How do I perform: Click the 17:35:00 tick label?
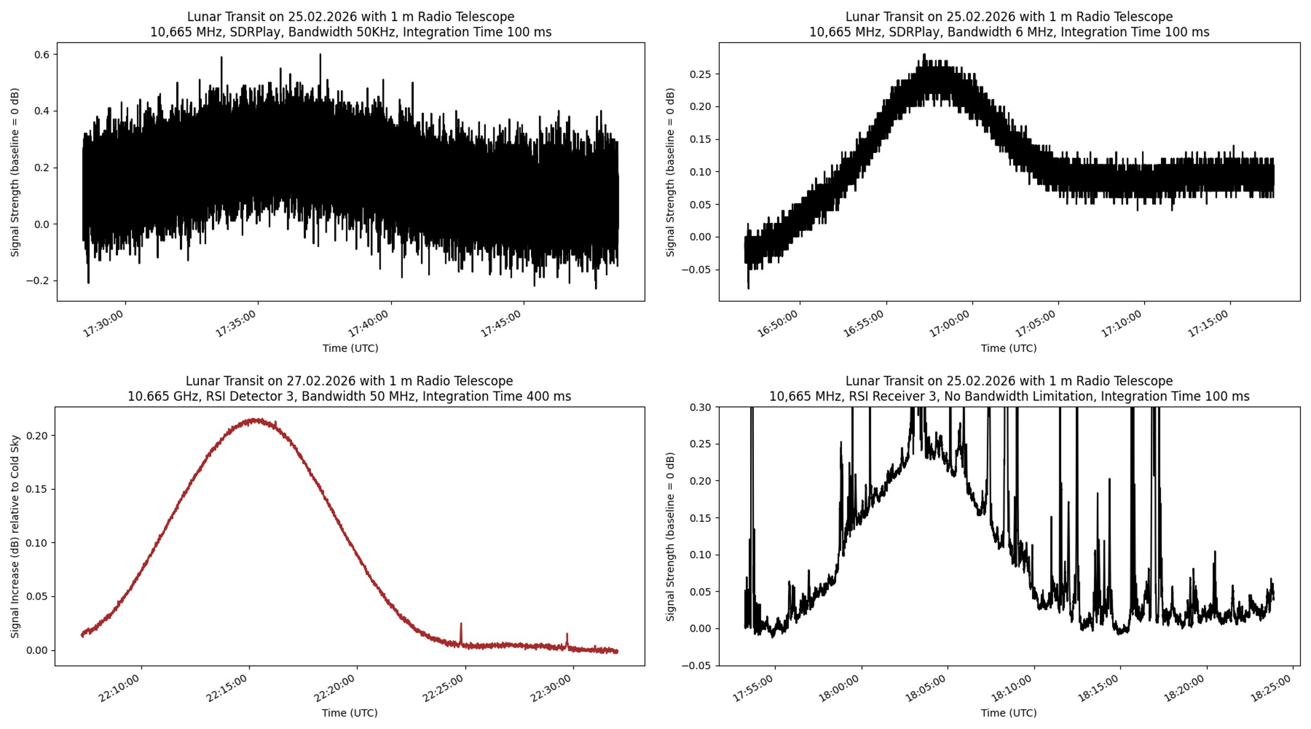236,323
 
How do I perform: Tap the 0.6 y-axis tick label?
42,54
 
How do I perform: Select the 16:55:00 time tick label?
864,323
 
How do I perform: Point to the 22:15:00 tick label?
227,688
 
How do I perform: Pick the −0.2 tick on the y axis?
37,281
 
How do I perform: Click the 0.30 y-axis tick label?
700,407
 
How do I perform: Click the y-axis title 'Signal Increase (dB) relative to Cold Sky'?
15,535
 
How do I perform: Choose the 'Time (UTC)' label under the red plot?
349,713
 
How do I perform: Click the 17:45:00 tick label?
501,323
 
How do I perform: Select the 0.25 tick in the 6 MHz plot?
700,74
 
